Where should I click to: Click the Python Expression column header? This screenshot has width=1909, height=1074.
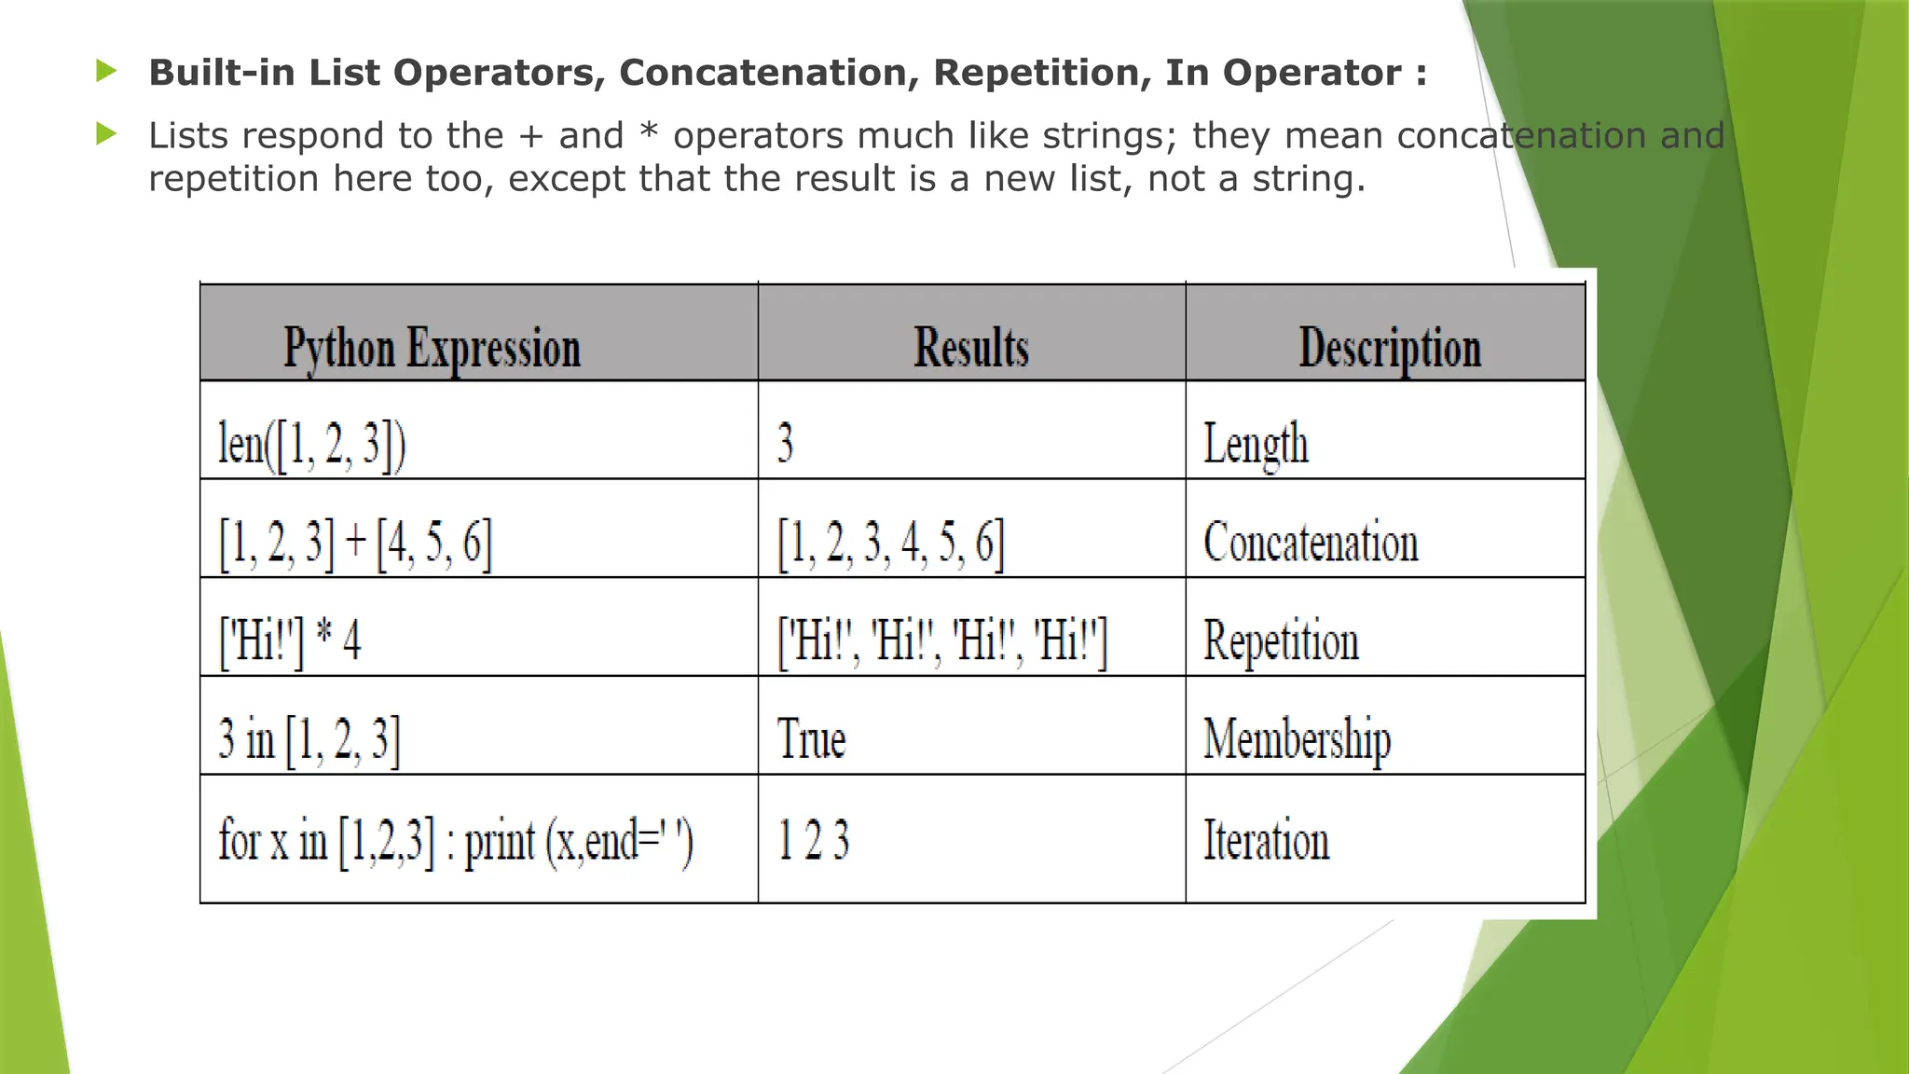(432, 349)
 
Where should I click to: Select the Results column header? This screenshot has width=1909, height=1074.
(970, 348)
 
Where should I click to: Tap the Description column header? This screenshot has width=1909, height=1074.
(1389, 349)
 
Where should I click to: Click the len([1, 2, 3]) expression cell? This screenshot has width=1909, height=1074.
(311, 444)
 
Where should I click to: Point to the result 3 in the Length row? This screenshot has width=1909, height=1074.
(785, 443)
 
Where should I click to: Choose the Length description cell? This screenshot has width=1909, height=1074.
(1256, 444)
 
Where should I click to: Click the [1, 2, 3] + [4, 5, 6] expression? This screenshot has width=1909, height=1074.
(355, 543)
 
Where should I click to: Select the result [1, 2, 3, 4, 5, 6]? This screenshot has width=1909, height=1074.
(890, 543)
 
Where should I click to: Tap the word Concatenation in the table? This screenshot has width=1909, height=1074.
(1311, 543)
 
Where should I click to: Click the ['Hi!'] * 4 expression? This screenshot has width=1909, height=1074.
(289, 641)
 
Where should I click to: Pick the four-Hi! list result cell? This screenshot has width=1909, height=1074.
(942, 641)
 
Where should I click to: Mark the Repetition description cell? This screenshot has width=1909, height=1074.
(1281, 641)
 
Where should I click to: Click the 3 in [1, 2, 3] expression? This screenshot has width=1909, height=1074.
(309, 740)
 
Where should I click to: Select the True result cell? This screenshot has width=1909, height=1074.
(811, 740)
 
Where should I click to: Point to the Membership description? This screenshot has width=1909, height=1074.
(1297, 740)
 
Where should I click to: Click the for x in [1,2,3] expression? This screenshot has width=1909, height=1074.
(456, 841)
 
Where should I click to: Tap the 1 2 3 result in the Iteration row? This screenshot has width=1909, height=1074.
(813, 840)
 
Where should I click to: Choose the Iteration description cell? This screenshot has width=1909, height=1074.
(1266, 840)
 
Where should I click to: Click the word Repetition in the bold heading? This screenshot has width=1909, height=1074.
(1042, 73)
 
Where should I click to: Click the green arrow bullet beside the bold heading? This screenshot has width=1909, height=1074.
(106, 71)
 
